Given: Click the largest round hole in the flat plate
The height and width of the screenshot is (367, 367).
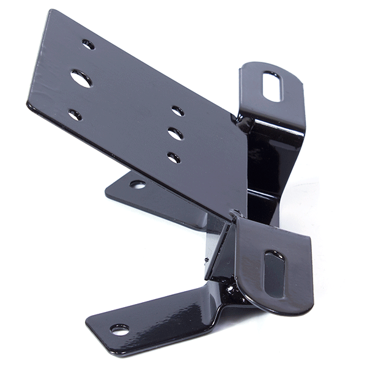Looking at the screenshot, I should pyautogui.click(x=81, y=78).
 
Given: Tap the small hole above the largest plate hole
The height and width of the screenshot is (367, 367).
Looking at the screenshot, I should pyautogui.click(x=88, y=45).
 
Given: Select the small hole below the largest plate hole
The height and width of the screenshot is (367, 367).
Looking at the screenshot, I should pyautogui.click(x=75, y=114).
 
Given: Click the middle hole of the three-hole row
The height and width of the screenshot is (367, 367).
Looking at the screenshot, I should pyautogui.click(x=176, y=133).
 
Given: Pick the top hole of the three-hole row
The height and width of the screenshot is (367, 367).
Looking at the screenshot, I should pyautogui.click(x=178, y=111).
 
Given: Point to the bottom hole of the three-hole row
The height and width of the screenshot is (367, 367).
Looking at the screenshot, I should pyautogui.click(x=174, y=157).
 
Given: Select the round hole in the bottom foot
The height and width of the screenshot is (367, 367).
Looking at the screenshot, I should pyautogui.click(x=119, y=329).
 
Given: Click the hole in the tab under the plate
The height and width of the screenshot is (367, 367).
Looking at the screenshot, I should pyautogui.click(x=138, y=183).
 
